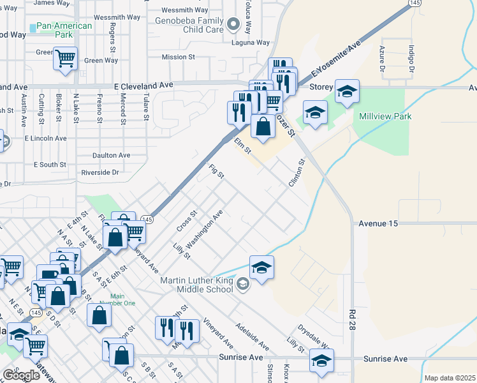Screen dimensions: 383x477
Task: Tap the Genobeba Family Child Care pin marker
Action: (233, 26)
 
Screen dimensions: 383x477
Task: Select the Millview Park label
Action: (385, 116)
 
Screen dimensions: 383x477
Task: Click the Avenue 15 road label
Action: (378, 223)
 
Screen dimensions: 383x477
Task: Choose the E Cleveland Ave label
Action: (143, 84)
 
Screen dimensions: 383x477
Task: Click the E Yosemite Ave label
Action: (336, 60)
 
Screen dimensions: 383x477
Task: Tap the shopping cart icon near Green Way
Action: (65, 59)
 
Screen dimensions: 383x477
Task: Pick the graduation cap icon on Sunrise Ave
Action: (321, 361)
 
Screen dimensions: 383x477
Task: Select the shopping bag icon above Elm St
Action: (263, 126)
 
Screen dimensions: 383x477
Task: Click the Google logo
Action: (21, 375)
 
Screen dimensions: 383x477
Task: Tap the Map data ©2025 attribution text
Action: (449, 378)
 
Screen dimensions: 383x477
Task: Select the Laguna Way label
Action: (251, 43)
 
